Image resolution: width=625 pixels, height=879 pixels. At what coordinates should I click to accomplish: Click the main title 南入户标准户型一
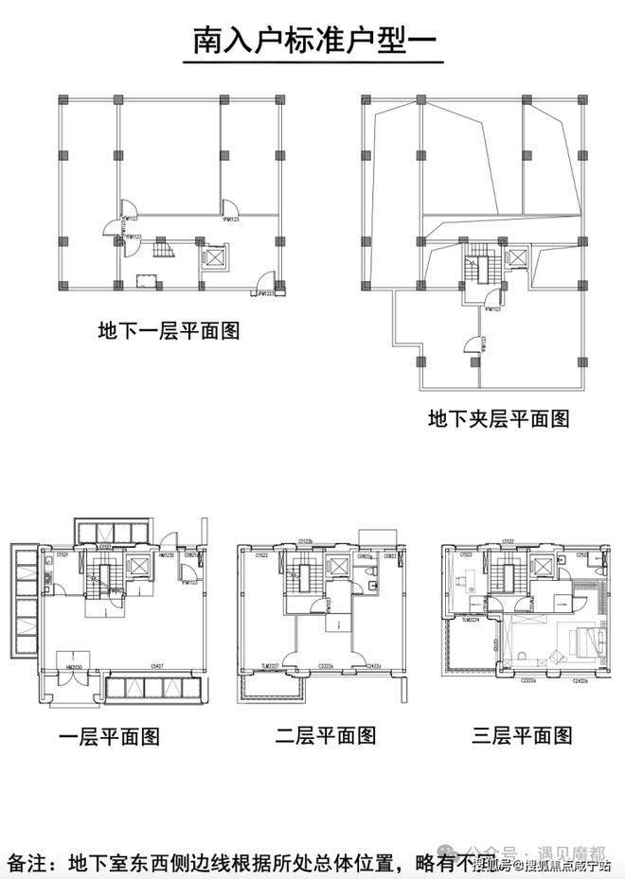pyautogui.click(x=312, y=42)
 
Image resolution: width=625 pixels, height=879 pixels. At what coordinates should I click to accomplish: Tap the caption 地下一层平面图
pyautogui.click(x=169, y=332)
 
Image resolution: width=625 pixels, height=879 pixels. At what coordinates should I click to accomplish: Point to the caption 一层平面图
pyautogui.click(x=109, y=736)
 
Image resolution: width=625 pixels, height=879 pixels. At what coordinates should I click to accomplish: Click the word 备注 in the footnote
pyautogui.click(x=29, y=863)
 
